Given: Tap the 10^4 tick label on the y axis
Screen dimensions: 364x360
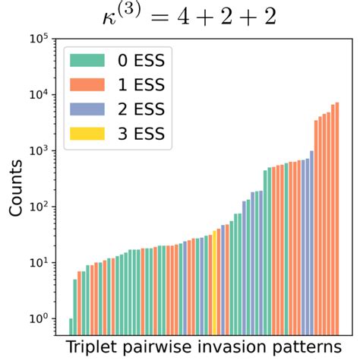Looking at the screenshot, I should click(43, 95).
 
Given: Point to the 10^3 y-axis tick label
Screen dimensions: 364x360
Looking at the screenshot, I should click(43, 150).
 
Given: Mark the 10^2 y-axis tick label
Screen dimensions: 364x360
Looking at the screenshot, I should click(43, 207).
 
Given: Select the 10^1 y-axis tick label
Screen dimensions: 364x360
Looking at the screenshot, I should click(43, 263).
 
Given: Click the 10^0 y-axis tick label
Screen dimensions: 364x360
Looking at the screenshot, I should click(43, 319).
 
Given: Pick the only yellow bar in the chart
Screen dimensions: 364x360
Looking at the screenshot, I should click(216, 281).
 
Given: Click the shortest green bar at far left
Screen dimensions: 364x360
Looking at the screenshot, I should click(71, 327).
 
